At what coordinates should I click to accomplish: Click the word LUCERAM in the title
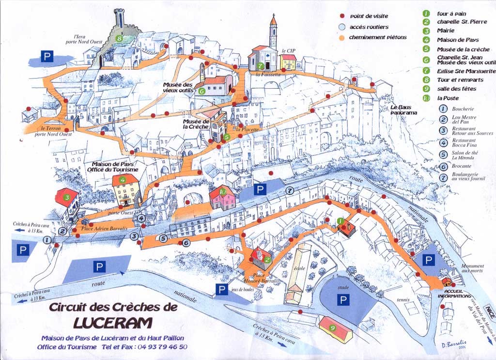coord(113,322)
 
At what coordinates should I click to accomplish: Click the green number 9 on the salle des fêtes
coord(332,328)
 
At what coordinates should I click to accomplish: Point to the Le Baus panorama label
coord(404,110)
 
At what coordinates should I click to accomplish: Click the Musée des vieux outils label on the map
coord(178,87)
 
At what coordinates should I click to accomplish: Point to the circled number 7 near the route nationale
coord(290,190)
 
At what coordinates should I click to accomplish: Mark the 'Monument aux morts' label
coord(472,268)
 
